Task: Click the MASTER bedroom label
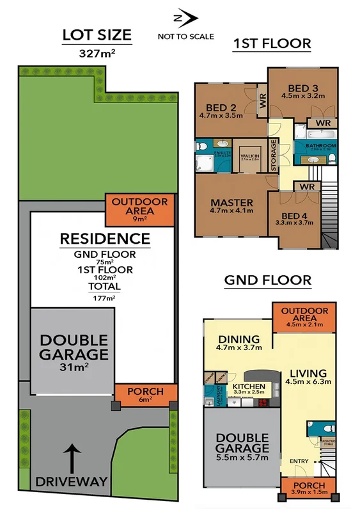231,203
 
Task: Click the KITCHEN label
248,388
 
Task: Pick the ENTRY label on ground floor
298,461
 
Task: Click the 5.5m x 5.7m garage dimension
242,458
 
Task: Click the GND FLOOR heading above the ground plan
267,280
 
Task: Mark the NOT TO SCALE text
185,36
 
